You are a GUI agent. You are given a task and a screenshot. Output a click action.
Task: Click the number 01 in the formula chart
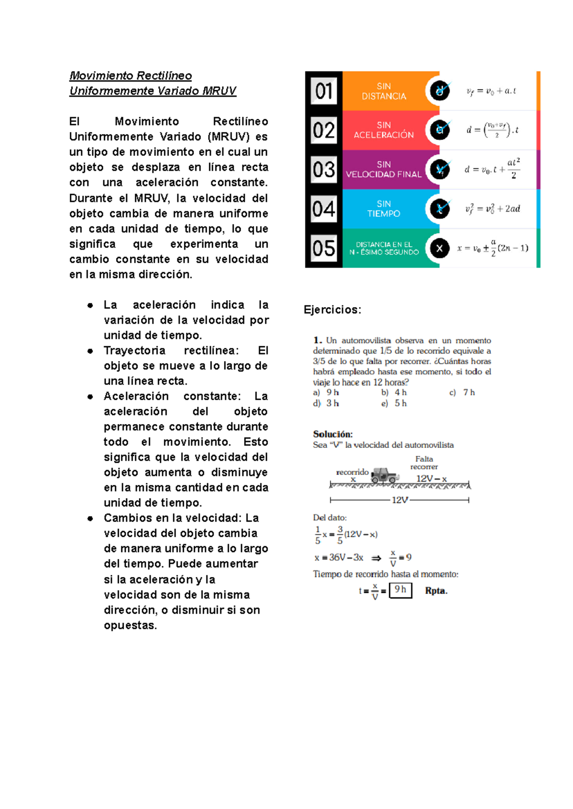(x=324, y=91)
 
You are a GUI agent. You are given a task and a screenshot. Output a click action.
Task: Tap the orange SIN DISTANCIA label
(x=384, y=91)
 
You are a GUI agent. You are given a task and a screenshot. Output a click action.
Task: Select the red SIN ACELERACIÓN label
(x=384, y=130)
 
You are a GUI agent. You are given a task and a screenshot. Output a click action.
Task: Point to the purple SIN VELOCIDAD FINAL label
(x=384, y=170)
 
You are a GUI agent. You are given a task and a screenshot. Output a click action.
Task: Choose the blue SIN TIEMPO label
(x=384, y=209)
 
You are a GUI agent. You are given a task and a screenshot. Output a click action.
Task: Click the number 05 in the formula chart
(x=324, y=248)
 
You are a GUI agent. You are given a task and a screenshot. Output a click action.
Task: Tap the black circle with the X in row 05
(x=439, y=248)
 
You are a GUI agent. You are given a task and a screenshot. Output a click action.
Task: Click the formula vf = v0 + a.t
(x=491, y=91)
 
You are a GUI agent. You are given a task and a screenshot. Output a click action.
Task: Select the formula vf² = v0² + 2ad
(x=493, y=209)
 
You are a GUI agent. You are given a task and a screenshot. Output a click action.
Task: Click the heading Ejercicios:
(x=332, y=309)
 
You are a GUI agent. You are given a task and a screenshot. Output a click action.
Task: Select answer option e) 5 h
(x=394, y=404)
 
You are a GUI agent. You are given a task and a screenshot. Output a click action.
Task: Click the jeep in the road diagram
(x=384, y=475)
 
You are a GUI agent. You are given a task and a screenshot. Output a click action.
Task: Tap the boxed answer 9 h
(x=400, y=590)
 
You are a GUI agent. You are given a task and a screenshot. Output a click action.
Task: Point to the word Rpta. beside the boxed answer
(x=436, y=591)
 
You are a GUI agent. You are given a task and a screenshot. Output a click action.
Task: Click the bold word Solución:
(x=333, y=434)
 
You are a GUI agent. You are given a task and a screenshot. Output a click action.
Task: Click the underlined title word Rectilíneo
(x=164, y=75)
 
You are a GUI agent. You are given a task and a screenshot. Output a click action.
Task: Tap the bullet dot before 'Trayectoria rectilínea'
(x=90, y=351)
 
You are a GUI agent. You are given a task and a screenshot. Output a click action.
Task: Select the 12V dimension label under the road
(x=400, y=500)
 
